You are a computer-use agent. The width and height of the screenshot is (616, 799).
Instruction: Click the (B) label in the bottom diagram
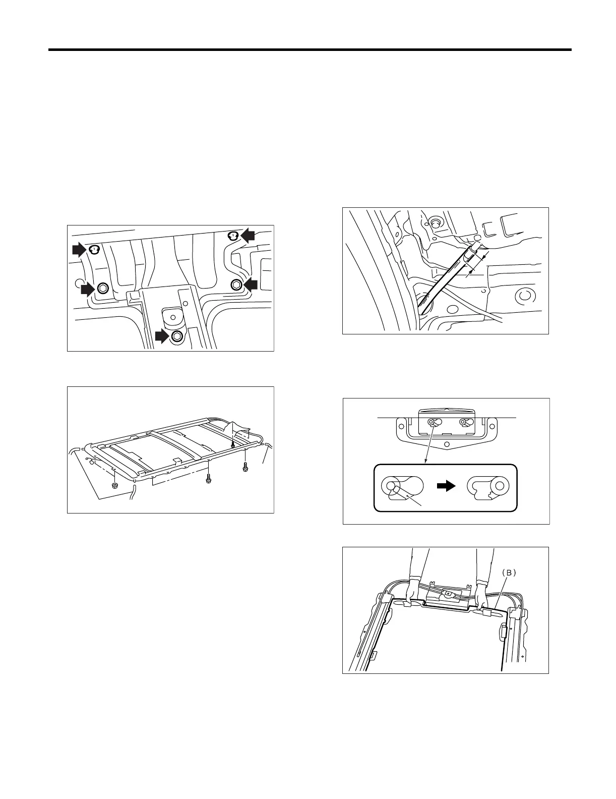[x=509, y=573]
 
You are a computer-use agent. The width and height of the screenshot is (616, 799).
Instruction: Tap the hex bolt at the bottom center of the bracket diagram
[x=177, y=336]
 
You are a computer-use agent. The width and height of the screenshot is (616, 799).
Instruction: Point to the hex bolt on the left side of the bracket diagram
[x=102, y=288]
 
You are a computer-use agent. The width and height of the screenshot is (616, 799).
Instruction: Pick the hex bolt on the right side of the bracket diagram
[x=236, y=284]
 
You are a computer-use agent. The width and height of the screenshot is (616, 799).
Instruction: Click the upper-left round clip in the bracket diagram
[x=94, y=249]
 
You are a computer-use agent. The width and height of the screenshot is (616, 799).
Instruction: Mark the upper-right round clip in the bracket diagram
[x=233, y=236]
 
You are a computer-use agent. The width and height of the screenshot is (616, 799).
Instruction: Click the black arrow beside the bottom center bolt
[x=162, y=336]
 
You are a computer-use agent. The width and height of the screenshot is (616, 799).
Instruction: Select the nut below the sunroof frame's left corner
[x=114, y=486]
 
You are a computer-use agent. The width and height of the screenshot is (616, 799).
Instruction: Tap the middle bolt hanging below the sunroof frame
[x=208, y=480]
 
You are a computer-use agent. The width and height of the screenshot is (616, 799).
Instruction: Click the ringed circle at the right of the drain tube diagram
[x=523, y=295]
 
